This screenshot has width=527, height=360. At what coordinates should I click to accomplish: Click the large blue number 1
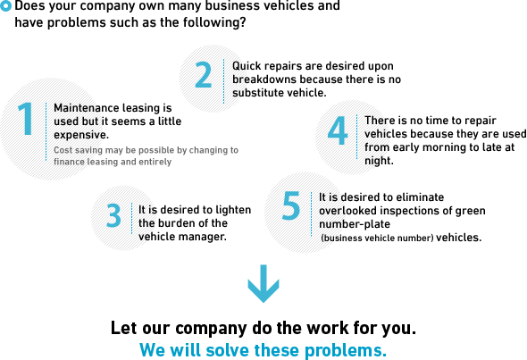(x=26, y=119)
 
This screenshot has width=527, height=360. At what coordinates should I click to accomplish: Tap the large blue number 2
(x=204, y=75)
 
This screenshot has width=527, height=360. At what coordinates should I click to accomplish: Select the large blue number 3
(x=113, y=215)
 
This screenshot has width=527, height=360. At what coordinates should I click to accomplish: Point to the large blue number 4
(x=338, y=130)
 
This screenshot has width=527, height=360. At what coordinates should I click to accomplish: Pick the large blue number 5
(x=290, y=205)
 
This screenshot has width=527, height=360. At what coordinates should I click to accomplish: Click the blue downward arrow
(x=263, y=283)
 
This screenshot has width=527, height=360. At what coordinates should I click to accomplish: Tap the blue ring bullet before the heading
(x=5, y=6)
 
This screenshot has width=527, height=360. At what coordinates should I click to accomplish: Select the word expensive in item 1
(x=80, y=135)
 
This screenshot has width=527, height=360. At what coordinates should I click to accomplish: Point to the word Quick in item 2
(x=245, y=66)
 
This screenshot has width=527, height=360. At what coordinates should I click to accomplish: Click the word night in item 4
(x=378, y=161)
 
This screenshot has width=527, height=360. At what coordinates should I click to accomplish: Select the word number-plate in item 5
(x=355, y=224)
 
